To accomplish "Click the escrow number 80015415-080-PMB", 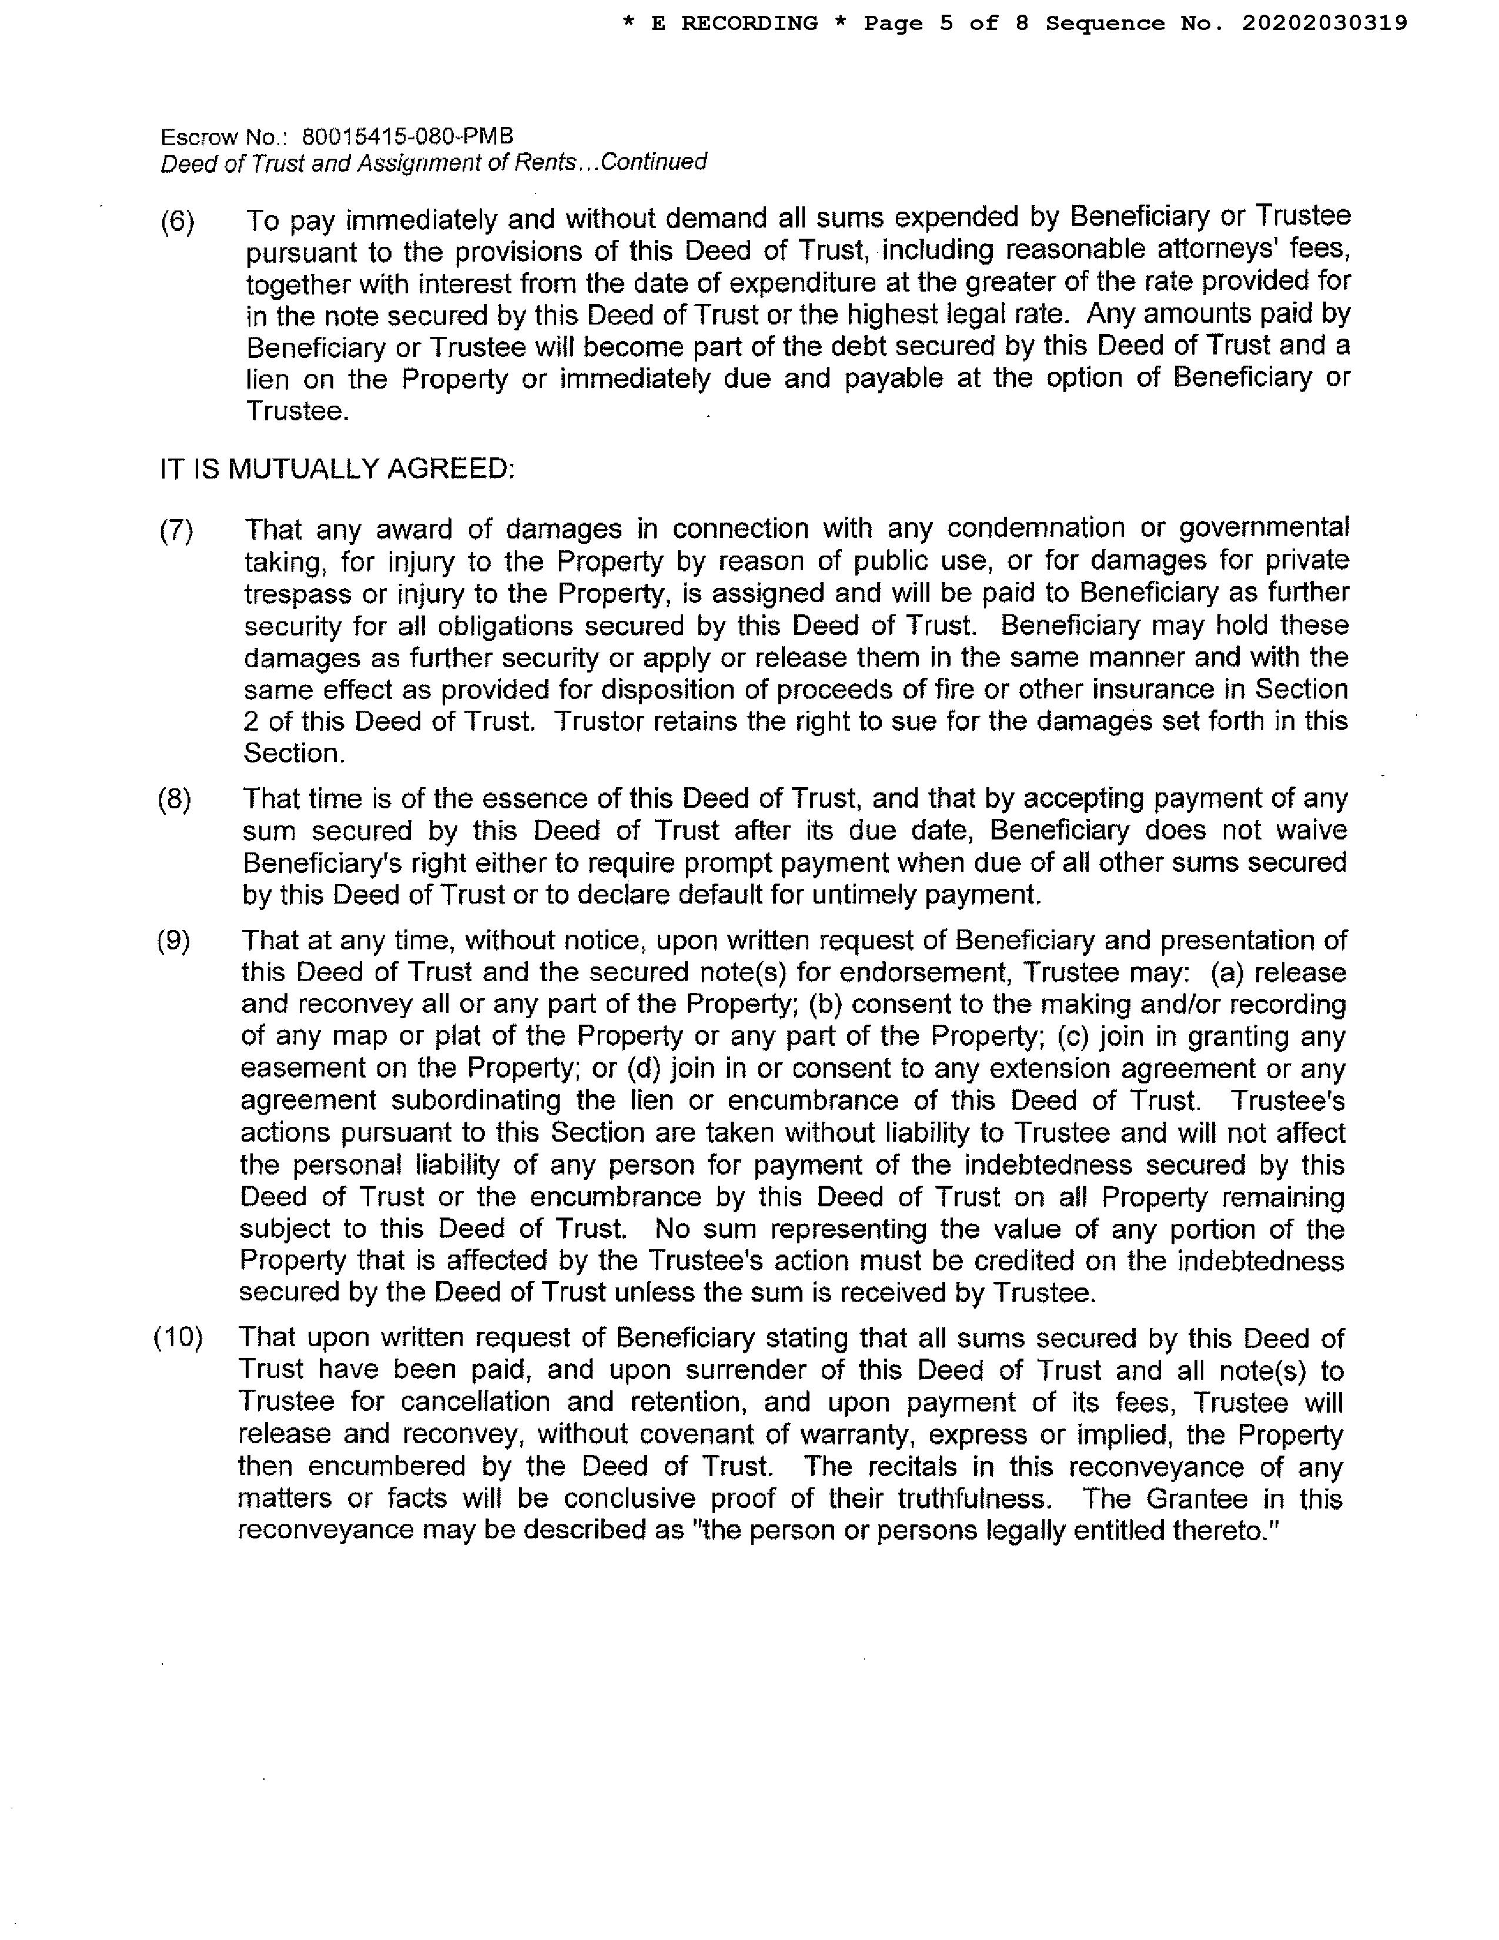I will click(407, 137).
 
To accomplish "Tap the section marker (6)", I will click(177, 221).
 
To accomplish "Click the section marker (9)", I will click(173, 941).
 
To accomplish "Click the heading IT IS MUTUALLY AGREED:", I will click(337, 468).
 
